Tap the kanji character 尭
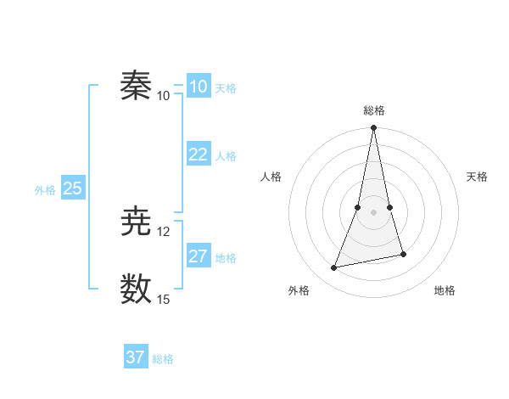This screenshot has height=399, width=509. pos(136,222)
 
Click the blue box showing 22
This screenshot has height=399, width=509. pos(199,154)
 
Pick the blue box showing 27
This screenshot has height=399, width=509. pos(199,256)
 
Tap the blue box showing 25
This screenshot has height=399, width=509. pos(72,188)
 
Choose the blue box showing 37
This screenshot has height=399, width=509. pos(136,357)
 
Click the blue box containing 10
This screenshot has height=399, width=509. pos(199,86)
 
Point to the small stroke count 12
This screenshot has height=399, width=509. pos(164,231)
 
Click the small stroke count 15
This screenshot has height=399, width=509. pos(164,299)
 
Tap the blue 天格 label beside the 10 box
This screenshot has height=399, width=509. pos(226,87)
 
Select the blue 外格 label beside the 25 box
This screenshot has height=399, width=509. pos(45,190)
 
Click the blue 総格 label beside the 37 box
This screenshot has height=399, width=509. pos(163,359)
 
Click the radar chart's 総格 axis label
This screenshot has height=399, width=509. pos(374,110)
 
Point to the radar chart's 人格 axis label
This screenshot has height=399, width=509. pos(271,177)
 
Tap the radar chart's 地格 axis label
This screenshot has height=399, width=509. pos(445,290)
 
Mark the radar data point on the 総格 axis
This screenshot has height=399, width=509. pos(374,128)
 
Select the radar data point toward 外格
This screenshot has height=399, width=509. pos(334,268)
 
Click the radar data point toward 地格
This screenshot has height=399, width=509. pos(403,254)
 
